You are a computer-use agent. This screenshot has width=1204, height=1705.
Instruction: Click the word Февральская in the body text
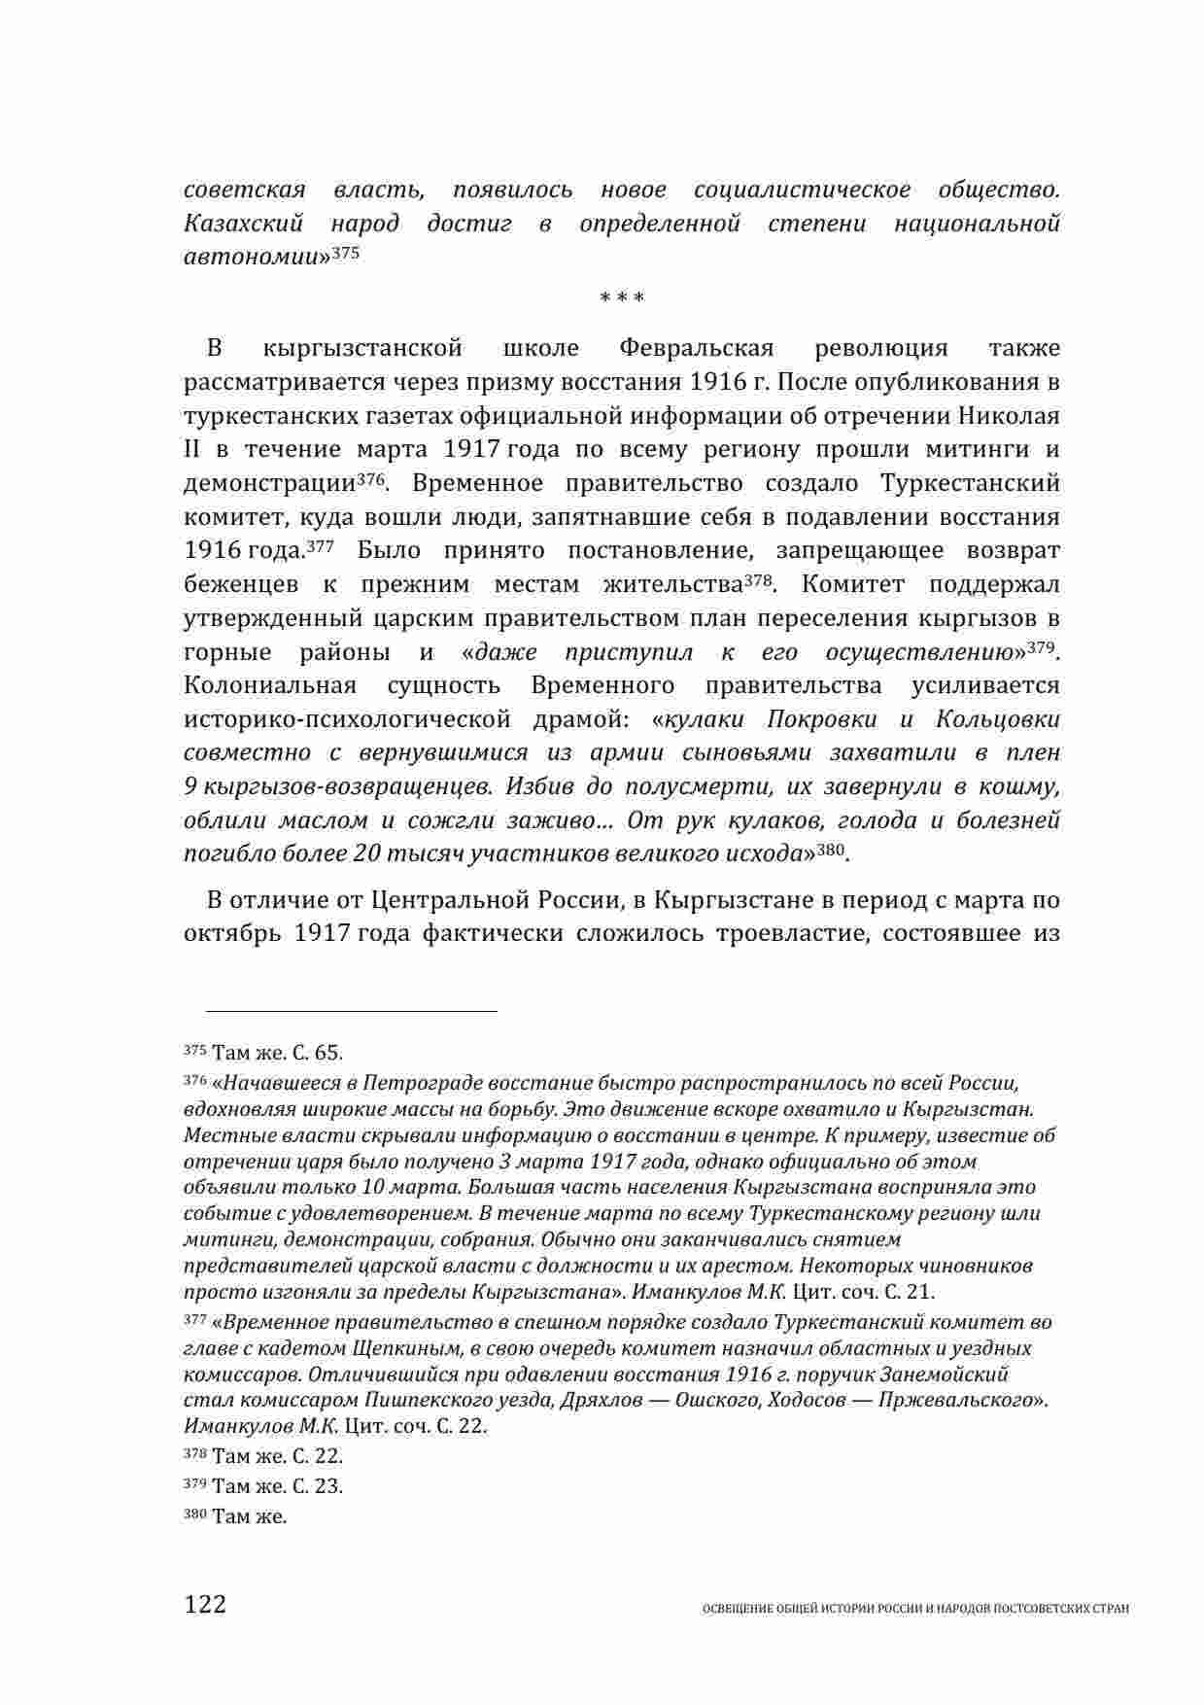695,348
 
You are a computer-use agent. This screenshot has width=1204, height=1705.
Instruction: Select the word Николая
1010,415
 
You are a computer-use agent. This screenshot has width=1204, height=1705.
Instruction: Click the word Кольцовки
997,719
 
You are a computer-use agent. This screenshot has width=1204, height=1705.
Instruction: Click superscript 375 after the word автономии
346,253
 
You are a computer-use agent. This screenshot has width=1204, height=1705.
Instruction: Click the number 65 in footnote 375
328,1053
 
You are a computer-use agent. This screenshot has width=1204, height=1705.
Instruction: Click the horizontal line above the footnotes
340,1012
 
